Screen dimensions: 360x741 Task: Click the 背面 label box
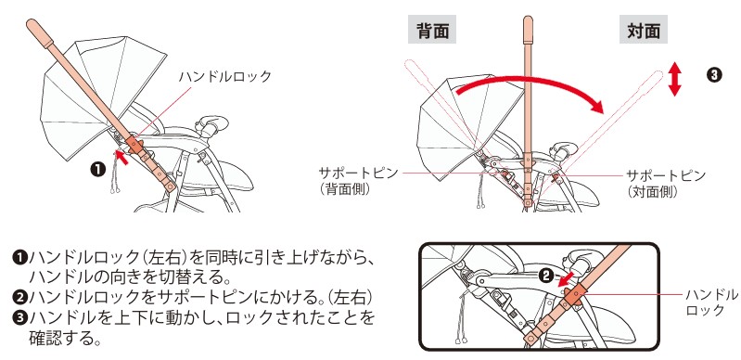[x=433, y=31]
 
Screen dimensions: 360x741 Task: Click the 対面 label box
[x=643, y=31]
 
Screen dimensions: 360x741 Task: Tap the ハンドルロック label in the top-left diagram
[x=225, y=77]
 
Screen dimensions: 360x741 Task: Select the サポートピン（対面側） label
[x=666, y=181]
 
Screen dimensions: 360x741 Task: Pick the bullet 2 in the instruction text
[x=19, y=297]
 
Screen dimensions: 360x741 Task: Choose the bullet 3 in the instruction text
[x=19, y=318]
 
